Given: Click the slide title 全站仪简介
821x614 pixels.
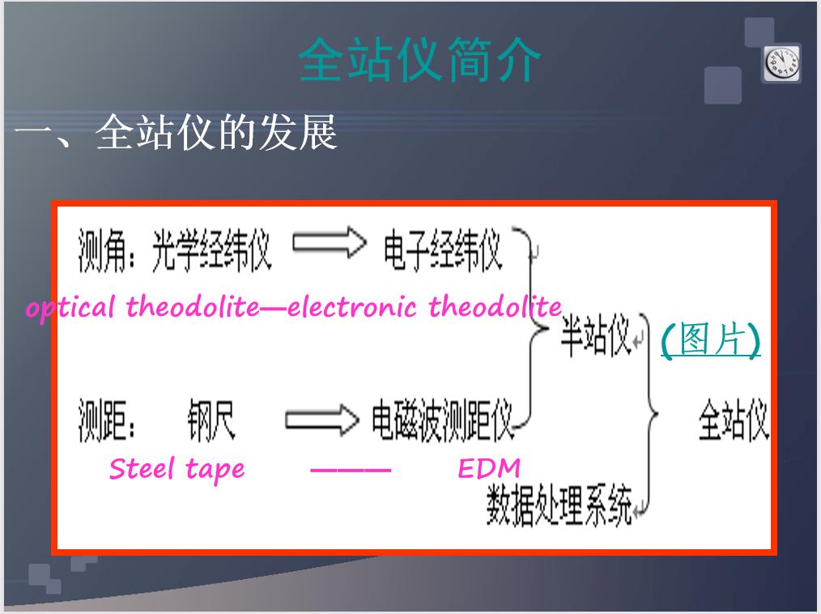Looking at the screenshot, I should tap(419, 59).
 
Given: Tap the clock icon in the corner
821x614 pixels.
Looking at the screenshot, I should tap(781, 63).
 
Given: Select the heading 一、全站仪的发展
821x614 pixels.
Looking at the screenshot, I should tap(176, 133).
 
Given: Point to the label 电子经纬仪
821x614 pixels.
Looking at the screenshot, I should tap(442, 250).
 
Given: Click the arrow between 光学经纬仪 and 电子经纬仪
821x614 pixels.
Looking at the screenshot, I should tap(329, 244).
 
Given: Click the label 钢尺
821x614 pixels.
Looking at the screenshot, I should tap(212, 422).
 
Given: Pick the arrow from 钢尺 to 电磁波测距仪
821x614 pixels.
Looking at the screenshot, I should tap(321, 420).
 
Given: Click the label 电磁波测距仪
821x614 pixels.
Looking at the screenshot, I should tap(442, 422).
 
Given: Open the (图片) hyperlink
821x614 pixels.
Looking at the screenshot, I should tap(710, 340).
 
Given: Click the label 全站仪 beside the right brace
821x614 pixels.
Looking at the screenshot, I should tap(733, 421).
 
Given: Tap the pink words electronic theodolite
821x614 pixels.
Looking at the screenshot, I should tap(424, 308).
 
